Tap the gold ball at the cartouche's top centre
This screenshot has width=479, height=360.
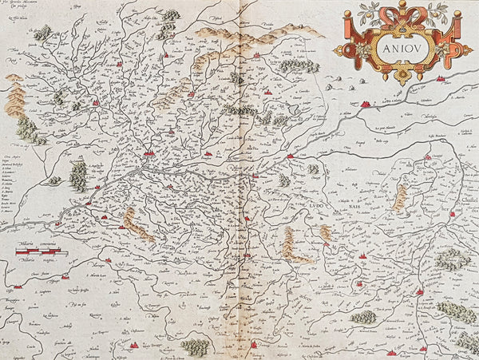tap(402, 4)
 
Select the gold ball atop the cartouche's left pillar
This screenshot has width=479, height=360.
tap(352, 14)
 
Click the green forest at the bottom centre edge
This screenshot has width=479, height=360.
tap(195, 346)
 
